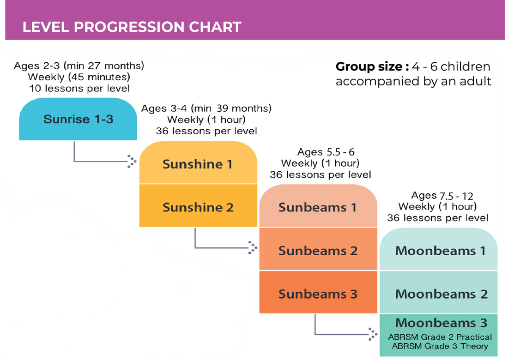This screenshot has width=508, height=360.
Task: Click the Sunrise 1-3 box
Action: pyautogui.click(x=78, y=119)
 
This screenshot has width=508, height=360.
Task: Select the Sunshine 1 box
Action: pyautogui.click(x=198, y=162)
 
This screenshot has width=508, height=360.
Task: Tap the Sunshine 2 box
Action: pyautogui.click(x=198, y=205)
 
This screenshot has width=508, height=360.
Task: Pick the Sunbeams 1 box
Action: pyautogui.click(x=318, y=206)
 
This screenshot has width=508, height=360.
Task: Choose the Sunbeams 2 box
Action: pyautogui.click(x=318, y=249)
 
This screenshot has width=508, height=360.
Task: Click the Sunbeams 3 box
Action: pyautogui.click(x=318, y=292)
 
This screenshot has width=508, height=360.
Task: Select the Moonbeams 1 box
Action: pyautogui.click(x=439, y=249)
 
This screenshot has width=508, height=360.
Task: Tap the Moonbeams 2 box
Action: pyautogui.click(x=439, y=292)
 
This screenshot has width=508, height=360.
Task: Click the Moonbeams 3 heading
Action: pyautogui.click(x=441, y=323)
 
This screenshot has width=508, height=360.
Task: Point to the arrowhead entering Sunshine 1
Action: pyautogui.click(x=132, y=161)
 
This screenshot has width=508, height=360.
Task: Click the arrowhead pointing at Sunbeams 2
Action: pyautogui.click(x=253, y=248)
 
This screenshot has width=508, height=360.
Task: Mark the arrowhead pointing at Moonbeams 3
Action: pyautogui.click(x=373, y=334)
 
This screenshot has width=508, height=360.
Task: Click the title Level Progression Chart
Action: pyautogui.click(x=132, y=27)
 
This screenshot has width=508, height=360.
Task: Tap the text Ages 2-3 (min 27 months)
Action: pyautogui.click(x=79, y=66)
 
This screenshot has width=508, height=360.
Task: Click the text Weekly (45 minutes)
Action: pyautogui.click(x=79, y=77)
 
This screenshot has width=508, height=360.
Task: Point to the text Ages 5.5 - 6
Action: pyautogui.click(x=326, y=152)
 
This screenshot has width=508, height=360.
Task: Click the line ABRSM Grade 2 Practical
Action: pyautogui.click(x=440, y=337)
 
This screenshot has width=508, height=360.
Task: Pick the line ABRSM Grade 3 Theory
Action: pyautogui.click(x=440, y=346)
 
